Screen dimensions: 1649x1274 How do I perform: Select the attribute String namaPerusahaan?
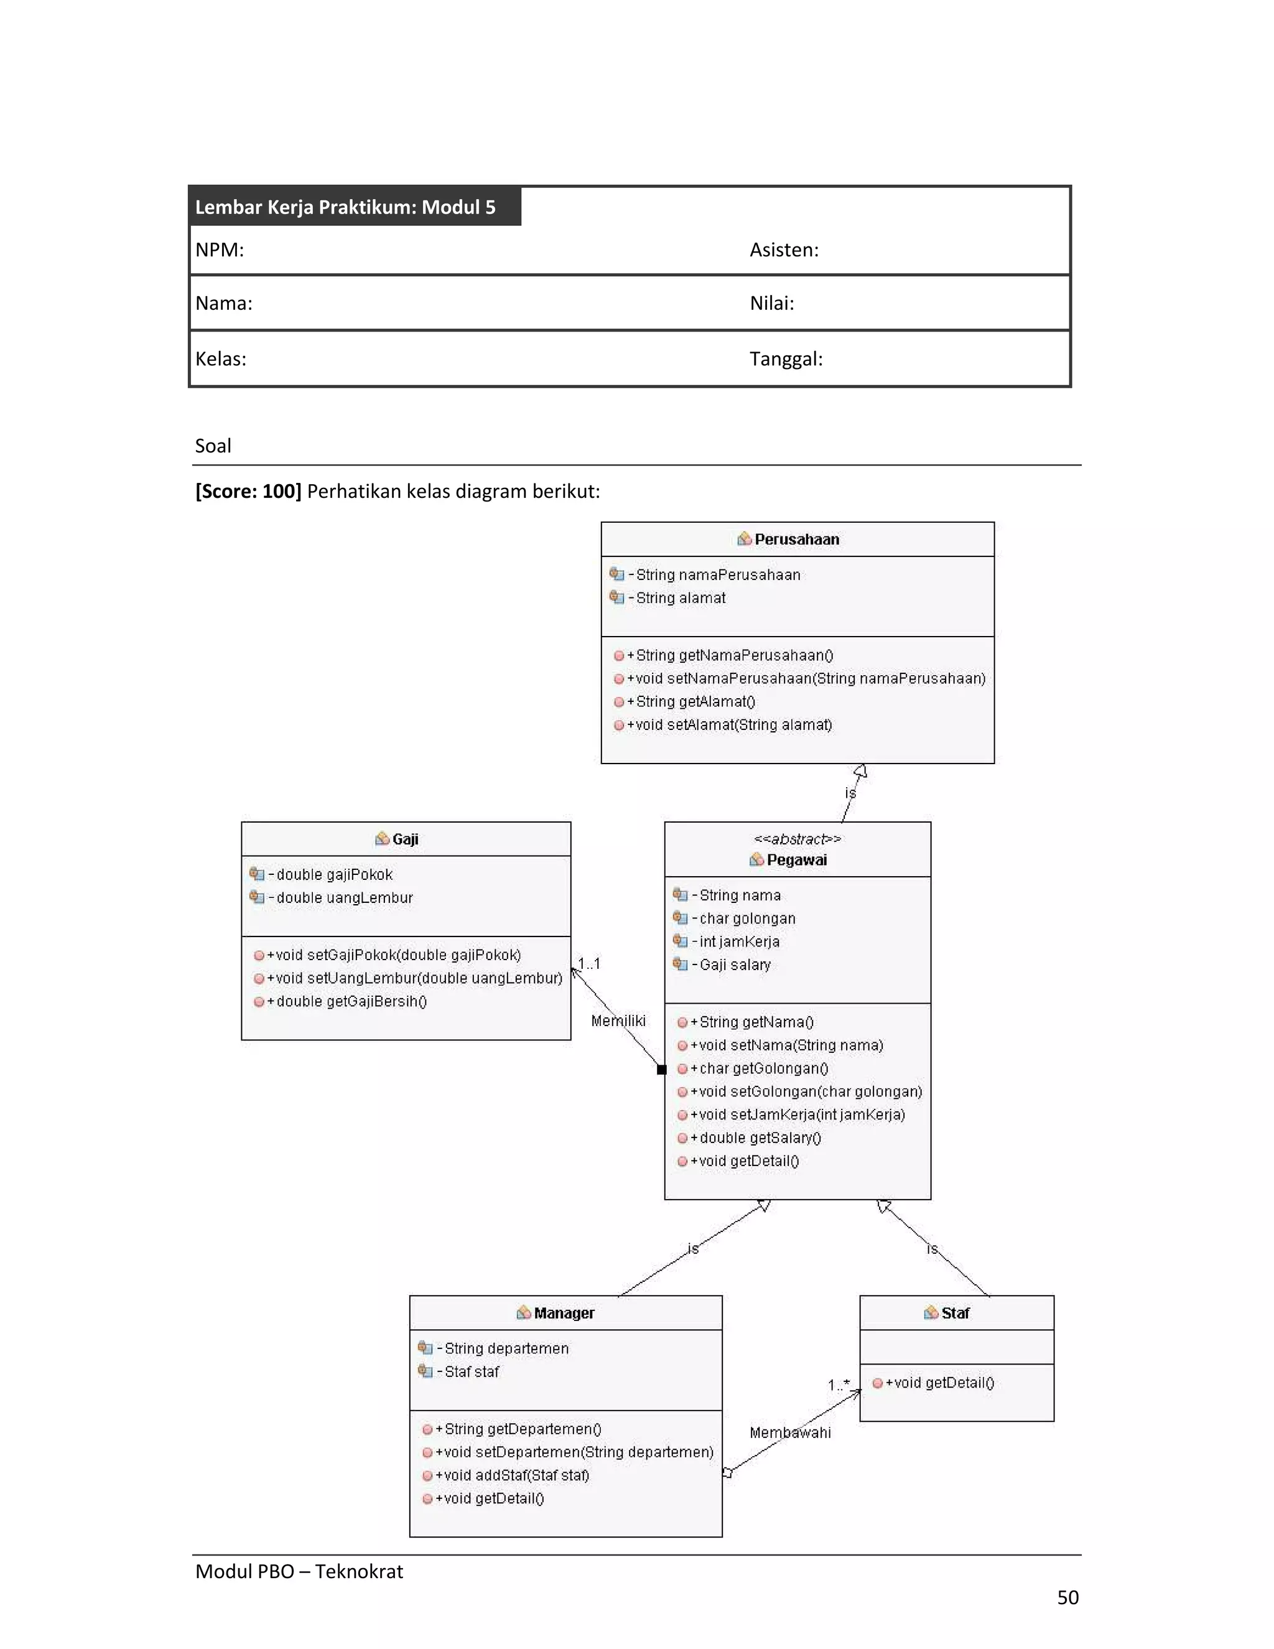pos(717,574)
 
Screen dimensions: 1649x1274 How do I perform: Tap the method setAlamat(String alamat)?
pos(733,725)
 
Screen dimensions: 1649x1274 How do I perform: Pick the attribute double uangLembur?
pos(343,898)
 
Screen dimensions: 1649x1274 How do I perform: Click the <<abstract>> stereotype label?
pos(797,839)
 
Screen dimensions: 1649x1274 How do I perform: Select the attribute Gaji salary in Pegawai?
pos(733,965)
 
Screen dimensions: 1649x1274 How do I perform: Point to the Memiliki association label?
pos(618,1021)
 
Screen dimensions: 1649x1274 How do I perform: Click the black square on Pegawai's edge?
pos(662,1069)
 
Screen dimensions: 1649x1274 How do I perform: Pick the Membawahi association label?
pos(789,1432)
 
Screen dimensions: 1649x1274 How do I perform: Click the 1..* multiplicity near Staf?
pos(839,1385)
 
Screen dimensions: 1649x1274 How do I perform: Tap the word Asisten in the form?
pos(783,250)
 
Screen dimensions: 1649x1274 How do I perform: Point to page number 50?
pos(1067,1597)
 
